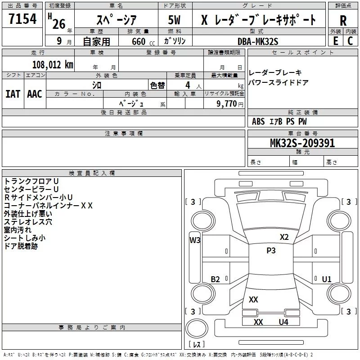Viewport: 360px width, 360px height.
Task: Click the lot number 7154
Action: click(x=22, y=21)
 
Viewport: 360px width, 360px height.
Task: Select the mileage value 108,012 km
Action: click(x=53, y=65)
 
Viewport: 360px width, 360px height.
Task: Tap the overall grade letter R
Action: click(x=343, y=20)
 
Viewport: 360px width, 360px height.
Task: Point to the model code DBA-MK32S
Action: click(x=258, y=41)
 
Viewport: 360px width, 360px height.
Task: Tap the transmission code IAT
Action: click(x=13, y=94)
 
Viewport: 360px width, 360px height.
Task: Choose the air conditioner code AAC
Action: click(x=35, y=94)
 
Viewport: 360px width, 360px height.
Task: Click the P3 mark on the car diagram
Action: click(x=271, y=251)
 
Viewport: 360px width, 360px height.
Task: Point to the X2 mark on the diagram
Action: click(x=284, y=237)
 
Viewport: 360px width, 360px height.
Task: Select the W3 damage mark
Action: click(x=195, y=240)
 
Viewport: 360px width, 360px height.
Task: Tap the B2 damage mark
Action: click(x=216, y=279)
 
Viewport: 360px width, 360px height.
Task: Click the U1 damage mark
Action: click(x=327, y=279)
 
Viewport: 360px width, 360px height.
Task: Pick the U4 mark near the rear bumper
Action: click(x=283, y=322)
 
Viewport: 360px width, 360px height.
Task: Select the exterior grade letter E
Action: click(x=335, y=41)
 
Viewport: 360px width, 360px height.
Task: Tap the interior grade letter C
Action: click(x=351, y=41)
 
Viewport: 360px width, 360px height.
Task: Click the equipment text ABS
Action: click(x=258, y=121)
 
